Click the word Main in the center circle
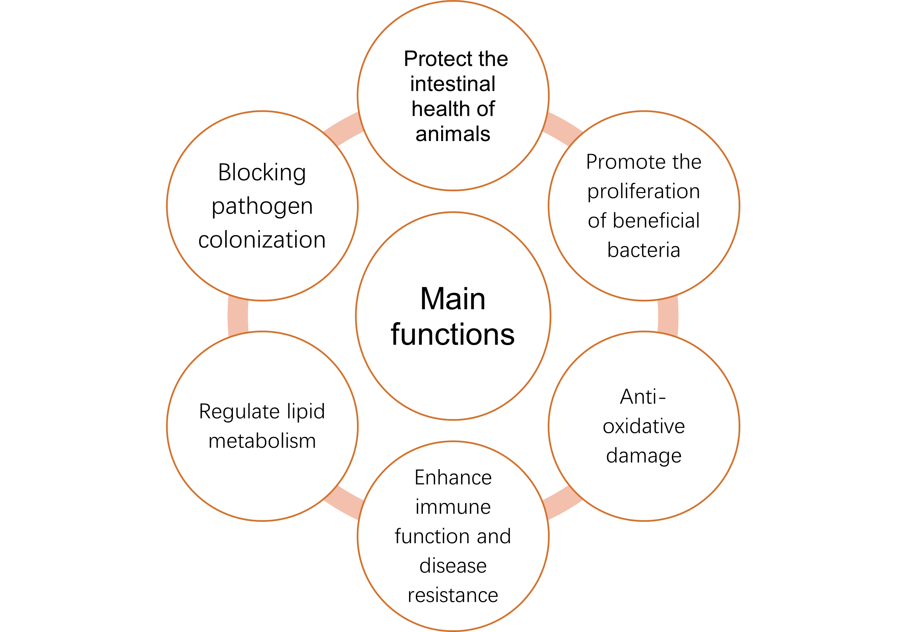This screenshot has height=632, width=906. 453,299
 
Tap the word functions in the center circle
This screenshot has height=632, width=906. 453,335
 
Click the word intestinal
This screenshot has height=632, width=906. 453,84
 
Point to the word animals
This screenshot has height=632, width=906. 453,134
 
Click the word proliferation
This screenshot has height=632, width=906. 644,191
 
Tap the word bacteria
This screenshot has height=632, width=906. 644,250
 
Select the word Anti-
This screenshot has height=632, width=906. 643,397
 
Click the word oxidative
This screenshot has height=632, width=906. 644,426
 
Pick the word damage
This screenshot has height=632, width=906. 644,456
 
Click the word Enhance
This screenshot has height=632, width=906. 453,478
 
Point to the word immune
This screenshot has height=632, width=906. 453,507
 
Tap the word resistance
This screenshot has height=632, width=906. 453,595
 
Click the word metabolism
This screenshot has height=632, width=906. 262,441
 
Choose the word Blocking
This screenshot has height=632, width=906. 262,173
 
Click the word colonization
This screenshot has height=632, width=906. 262,240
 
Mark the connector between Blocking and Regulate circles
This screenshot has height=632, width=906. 238,316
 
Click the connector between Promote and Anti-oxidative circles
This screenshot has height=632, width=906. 668,316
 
